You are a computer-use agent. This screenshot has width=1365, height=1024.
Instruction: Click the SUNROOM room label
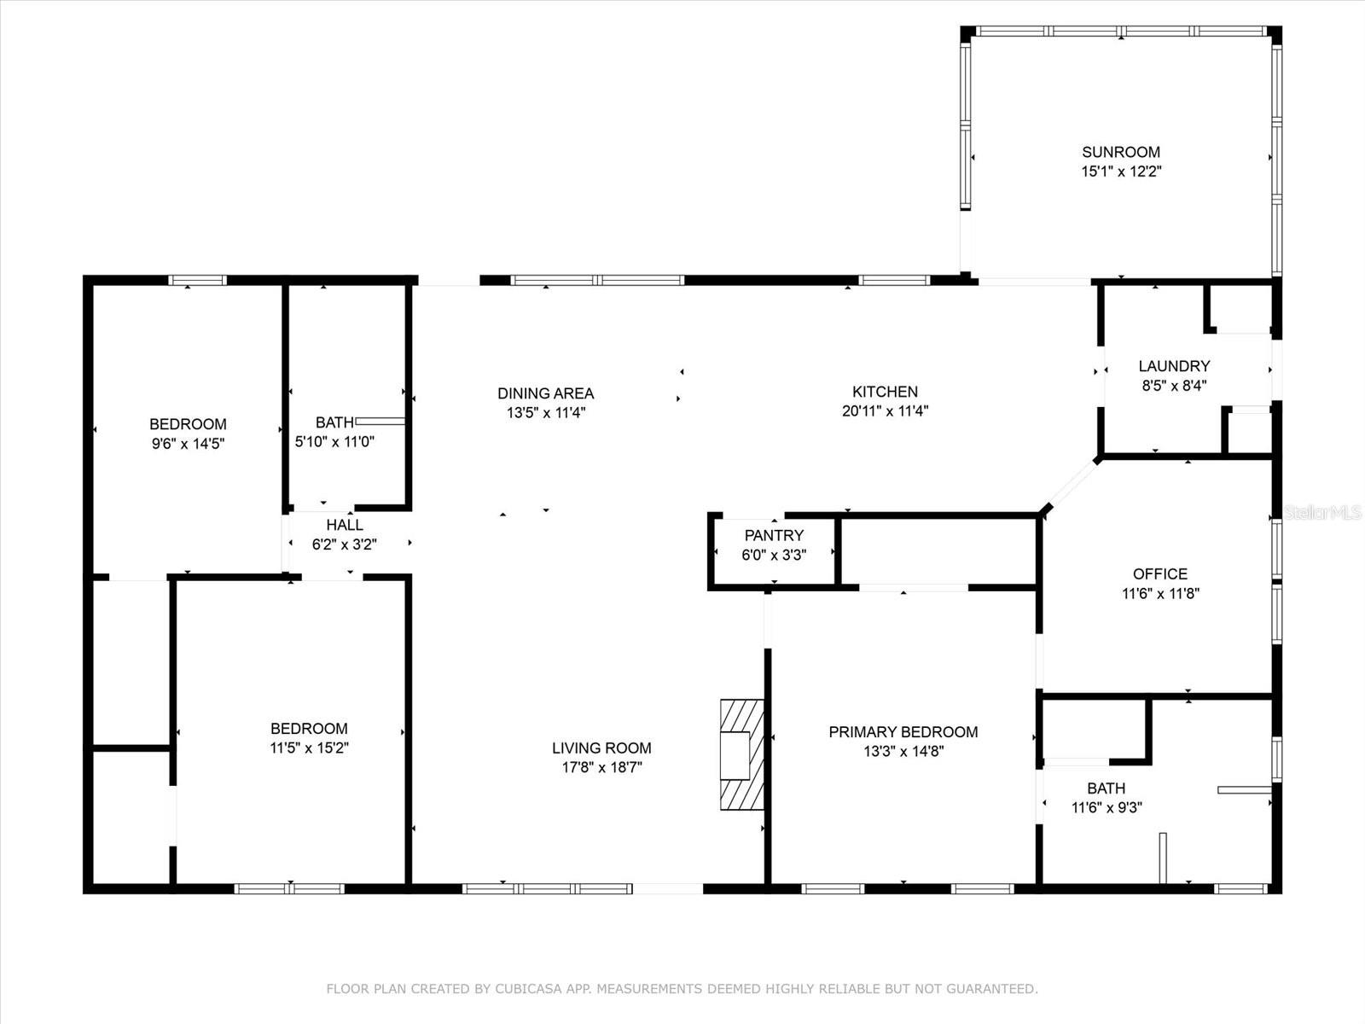point(1121,152)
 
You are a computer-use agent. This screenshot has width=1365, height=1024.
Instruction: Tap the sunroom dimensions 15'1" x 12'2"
point(1121,172)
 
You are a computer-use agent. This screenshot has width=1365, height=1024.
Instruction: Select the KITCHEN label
point(885,392)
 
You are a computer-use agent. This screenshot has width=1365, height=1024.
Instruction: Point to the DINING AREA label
point(545,393)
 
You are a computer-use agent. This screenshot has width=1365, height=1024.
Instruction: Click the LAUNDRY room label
point(1174,366)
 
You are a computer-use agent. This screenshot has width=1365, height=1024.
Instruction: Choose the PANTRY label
point(775,535)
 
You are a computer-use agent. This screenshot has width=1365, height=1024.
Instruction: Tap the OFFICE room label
point(1159,573)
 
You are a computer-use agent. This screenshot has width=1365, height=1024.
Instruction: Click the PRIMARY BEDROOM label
point(903,732)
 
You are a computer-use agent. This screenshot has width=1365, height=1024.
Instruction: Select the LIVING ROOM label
point(601,748)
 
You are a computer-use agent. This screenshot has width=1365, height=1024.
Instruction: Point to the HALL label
point(345,525)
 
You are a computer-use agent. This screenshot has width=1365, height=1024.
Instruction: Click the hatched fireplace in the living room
point(742,755)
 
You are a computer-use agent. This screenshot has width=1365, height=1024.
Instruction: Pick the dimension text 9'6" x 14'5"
point(188,444)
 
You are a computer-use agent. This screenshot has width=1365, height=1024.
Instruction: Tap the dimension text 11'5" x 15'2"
point(309,748)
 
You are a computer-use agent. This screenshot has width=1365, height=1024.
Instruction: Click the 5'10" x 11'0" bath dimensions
point(334,442)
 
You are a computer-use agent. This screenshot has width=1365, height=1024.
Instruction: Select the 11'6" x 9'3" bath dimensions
point(1107,807)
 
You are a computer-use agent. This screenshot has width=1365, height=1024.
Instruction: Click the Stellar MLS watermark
point(1322,512)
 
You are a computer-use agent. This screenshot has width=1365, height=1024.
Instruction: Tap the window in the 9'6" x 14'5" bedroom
point(197,281)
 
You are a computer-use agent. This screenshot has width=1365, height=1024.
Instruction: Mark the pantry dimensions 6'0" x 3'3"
point(775,556)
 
